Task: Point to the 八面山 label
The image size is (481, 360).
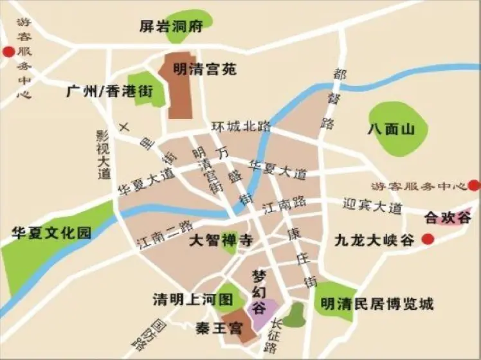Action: coord(391,129)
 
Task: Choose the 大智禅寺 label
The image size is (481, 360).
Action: coord(220,241)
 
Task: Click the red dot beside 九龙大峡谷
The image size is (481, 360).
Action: coord(427,240)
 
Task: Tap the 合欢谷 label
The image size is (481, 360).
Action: coord(448,217)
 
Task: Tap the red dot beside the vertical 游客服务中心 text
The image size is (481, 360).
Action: coord(8,52)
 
